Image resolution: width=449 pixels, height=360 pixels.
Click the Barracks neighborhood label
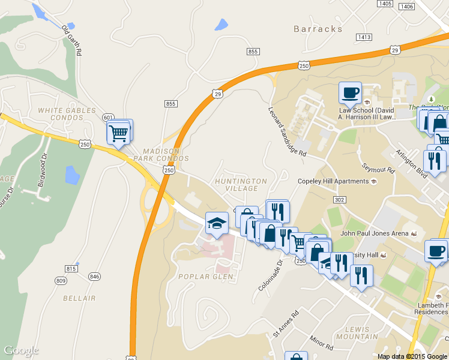(318, 29)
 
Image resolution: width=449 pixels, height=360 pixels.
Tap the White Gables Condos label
(67, 114)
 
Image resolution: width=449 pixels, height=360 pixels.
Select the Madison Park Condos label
(166, 154)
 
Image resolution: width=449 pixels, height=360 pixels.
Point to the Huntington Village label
(241, 185)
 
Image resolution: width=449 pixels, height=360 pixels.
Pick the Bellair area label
(79, 298)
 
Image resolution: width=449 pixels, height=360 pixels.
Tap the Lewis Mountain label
(361, 334)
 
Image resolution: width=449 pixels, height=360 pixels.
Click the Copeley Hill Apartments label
(333, 181)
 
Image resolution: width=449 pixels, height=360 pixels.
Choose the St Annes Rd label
(286, 323)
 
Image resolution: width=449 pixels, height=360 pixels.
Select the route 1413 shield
(364, 37)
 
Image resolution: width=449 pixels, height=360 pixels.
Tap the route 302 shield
(340, 199)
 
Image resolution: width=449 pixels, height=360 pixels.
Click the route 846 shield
(94, 276)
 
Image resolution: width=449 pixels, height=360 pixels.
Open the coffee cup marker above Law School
(350, 94)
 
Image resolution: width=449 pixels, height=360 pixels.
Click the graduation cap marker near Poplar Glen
(217, 224)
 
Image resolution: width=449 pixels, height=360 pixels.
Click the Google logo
(21, 350)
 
